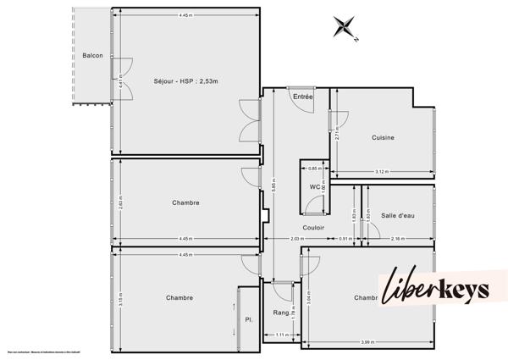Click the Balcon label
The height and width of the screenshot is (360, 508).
point(92,56)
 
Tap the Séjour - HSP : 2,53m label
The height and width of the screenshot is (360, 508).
point(185,81)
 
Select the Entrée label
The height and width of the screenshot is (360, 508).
point(303,97)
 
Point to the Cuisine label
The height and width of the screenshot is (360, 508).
point(383,138)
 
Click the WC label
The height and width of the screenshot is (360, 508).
point(313,186)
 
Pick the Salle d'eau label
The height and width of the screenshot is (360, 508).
point(397,216)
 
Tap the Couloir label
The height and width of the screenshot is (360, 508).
point(314,228)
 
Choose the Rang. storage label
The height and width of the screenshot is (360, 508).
point(280,313)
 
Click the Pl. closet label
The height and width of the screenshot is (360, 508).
point(248,319)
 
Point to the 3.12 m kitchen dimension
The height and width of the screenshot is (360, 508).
point(381,172)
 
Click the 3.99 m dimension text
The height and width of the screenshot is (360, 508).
point(367,341)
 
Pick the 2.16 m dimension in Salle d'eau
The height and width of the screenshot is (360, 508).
point(398,240)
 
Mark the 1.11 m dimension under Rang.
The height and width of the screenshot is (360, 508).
point(282,335)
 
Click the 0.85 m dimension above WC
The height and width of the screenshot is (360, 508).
point(313,168)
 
